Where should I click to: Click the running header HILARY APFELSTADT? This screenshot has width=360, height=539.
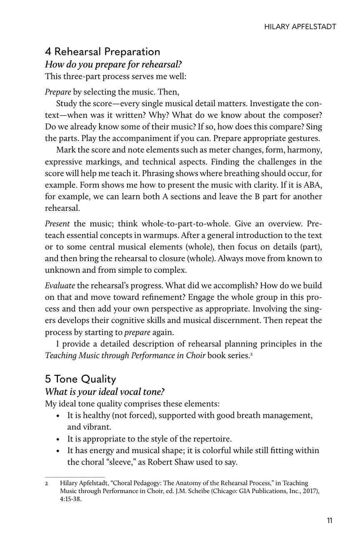click(x=300, y=27)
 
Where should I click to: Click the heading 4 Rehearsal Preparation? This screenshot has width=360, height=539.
click(x=102, y=52)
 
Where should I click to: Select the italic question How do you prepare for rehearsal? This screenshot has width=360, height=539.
click(x=113, y=65)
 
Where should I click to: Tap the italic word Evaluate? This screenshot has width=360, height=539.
click(x=60, y=286)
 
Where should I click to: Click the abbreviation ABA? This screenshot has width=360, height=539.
click(x=313, y=184)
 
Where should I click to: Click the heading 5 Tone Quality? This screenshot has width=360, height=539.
click(x=80, y=379)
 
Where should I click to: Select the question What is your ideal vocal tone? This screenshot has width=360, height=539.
click(x=105, y=392)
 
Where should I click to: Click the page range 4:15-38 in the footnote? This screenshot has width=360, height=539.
click(x=71, y=499)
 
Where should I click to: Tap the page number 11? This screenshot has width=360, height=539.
click(x=330, y=521)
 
